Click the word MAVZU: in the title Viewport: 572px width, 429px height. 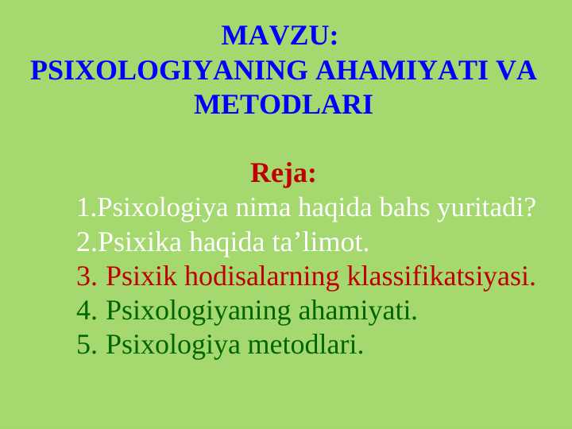[280, 36]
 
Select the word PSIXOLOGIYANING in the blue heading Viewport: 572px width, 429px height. [169, 70]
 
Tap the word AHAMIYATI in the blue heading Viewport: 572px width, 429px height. [402, 70]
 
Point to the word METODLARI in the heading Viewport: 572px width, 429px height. [283, 104]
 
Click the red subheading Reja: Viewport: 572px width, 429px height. [283, 173]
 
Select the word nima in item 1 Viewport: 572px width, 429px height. [263, 207]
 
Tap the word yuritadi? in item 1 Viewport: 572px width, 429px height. [486, 208]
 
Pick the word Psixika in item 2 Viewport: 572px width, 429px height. [140, 242]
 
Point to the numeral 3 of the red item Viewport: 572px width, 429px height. [83, 276]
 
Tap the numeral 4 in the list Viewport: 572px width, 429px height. [84, 311]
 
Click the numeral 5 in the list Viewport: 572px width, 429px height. [83, 345]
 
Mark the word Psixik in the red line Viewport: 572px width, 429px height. [141, 276]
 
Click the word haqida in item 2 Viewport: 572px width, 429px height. [227, 242]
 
